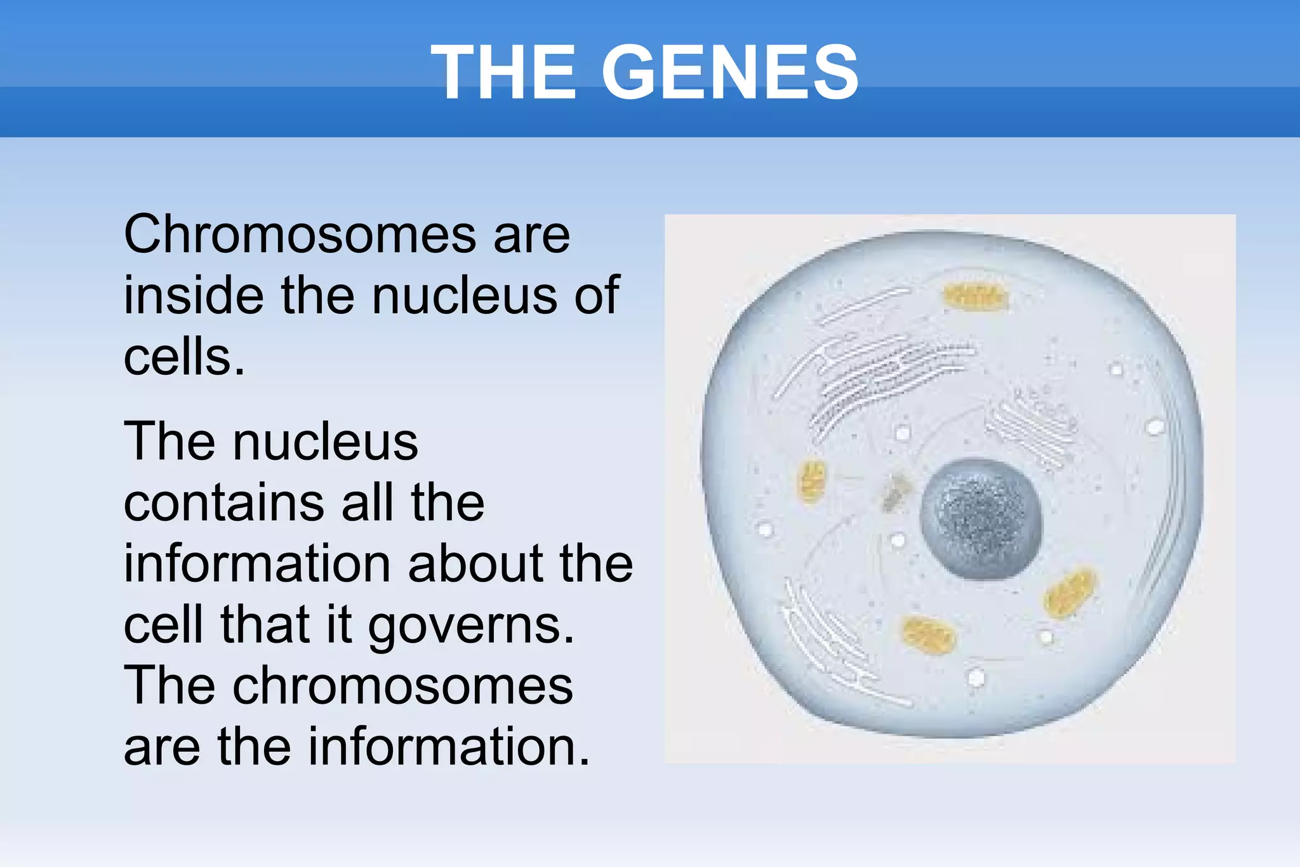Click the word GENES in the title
click(x=730, y=72)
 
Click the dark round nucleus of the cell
click(x=981, y=519)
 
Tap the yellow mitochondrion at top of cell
click(x=975, y=297)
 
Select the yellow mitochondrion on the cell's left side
click(x=811, y=481)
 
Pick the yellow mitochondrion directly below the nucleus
click(x=929, y=635)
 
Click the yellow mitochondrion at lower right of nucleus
click(x=1070, y=593)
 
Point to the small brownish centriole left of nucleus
click(x=896, y=493)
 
